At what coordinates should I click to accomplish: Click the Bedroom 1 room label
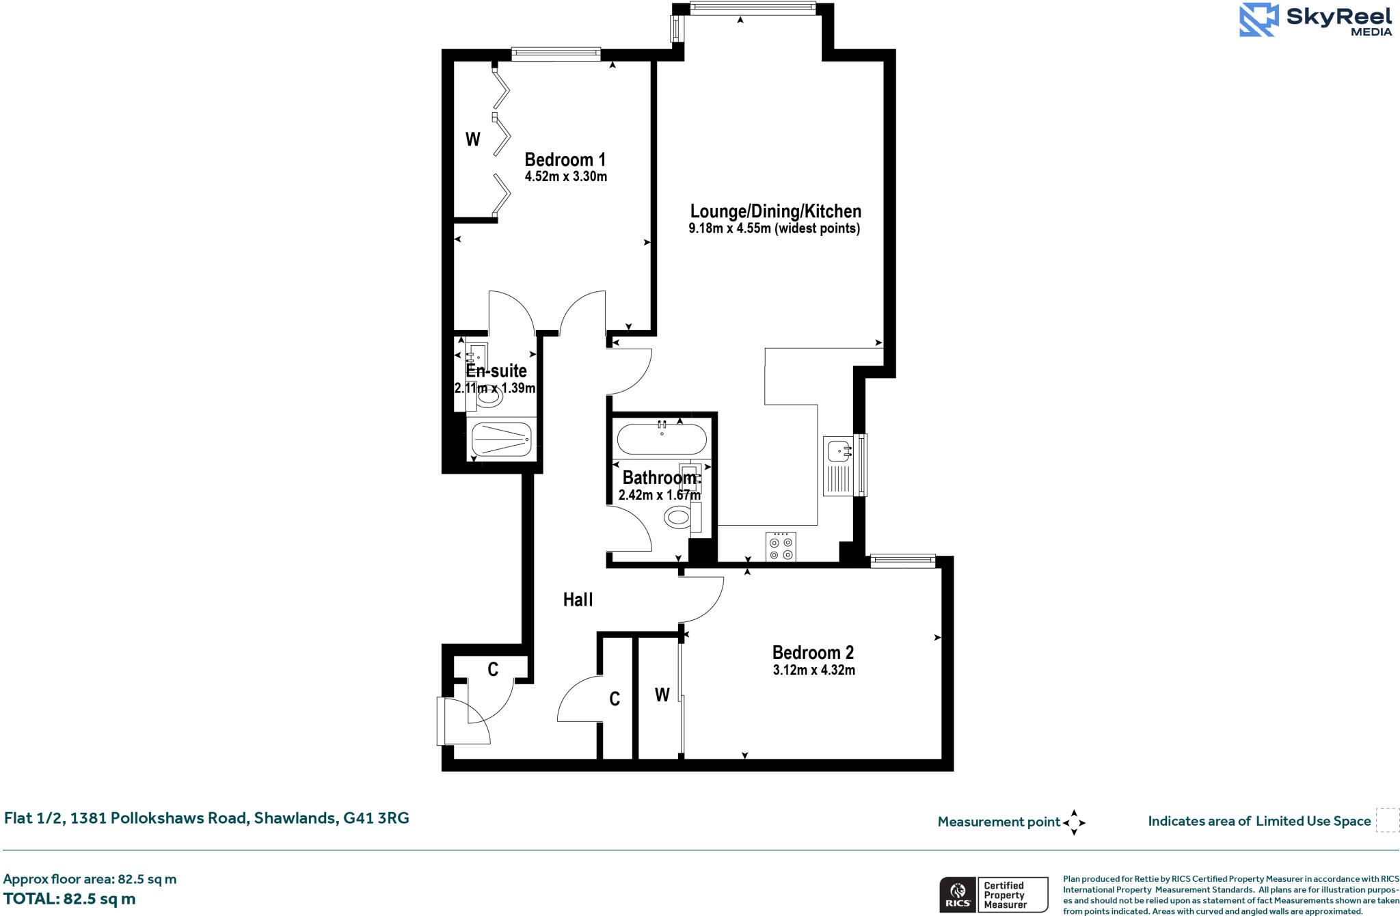565,159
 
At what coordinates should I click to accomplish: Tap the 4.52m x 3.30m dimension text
565,176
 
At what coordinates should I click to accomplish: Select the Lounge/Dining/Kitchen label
775,211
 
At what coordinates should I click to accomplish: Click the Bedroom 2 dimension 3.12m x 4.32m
813,670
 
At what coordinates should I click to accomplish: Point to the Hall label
578,600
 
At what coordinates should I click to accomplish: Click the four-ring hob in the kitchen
781,547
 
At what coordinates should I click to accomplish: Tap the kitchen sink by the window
839,452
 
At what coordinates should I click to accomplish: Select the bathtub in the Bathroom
662,440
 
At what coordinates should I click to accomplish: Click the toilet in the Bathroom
678,517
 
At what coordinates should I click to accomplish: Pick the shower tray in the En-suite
501,440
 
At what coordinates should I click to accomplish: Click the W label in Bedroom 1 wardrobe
472,139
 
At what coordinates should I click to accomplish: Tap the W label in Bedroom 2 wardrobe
662,695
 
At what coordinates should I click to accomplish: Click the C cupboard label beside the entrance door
493,669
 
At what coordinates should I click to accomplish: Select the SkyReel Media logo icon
1258,20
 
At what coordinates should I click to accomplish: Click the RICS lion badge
958,894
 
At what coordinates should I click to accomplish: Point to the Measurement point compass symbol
1074,822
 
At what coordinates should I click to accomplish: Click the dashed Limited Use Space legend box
1387,820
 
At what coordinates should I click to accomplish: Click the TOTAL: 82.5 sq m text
69,899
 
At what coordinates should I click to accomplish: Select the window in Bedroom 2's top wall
902,561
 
